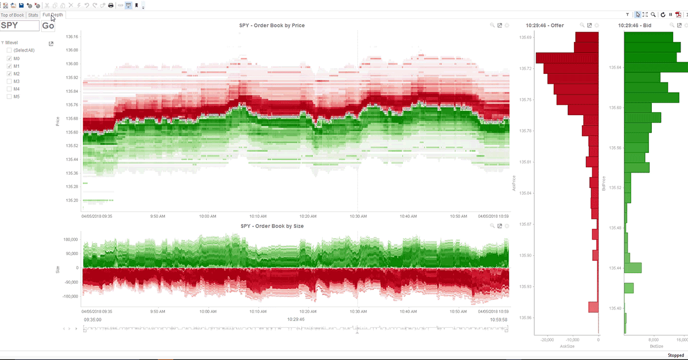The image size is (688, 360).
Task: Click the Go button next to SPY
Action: click(x=48, y=26)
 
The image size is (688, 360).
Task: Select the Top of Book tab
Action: click(x=13, y=15)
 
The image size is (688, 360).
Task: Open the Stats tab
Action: click(x=33, y=15)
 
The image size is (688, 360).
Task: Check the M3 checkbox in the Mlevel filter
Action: click(x=9, y=81)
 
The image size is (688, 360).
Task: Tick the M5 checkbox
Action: click(x=9, y=96)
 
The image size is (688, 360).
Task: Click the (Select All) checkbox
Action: click(x=9, y=50)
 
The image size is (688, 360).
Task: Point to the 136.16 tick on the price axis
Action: click(x=72, y=36)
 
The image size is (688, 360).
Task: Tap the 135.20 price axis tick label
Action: click(x=72, y=201)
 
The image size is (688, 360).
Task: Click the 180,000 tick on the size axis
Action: click(x=71, y=240)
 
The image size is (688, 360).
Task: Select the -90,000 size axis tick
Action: click(x=71, y=282)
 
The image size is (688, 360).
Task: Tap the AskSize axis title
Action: click(x=566, y=346)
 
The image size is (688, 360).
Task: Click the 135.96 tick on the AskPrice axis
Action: click(x=525, y=318)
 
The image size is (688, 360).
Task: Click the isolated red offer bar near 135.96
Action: click(x=593, y=307)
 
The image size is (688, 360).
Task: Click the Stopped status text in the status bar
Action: click(x=675, y=355)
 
